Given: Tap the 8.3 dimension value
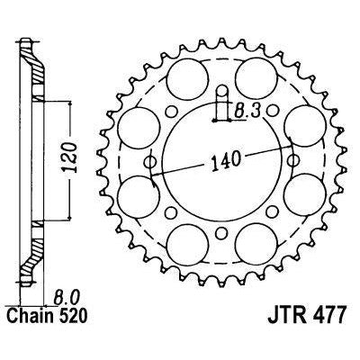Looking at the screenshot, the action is click(247, 112).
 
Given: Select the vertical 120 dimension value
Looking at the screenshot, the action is click(71, 157).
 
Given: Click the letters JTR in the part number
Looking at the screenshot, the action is click(284, 315).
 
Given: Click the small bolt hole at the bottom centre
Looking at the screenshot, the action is click(221, 232).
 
